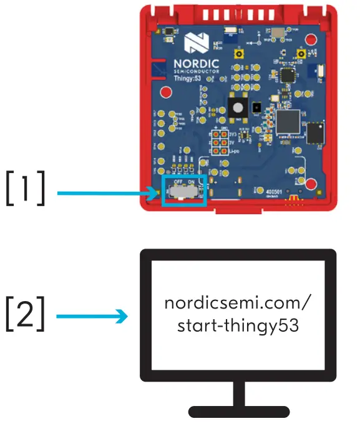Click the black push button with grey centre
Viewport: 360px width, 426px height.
pyautogui.click(x=238, y=108)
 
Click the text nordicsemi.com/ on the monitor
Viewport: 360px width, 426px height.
pyautogui.click(x=237, y=304)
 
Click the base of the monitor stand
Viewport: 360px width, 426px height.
pyautogui.click(x=239, y=412)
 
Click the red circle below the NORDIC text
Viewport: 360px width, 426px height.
pyautogui.click(x=167, y=93)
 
